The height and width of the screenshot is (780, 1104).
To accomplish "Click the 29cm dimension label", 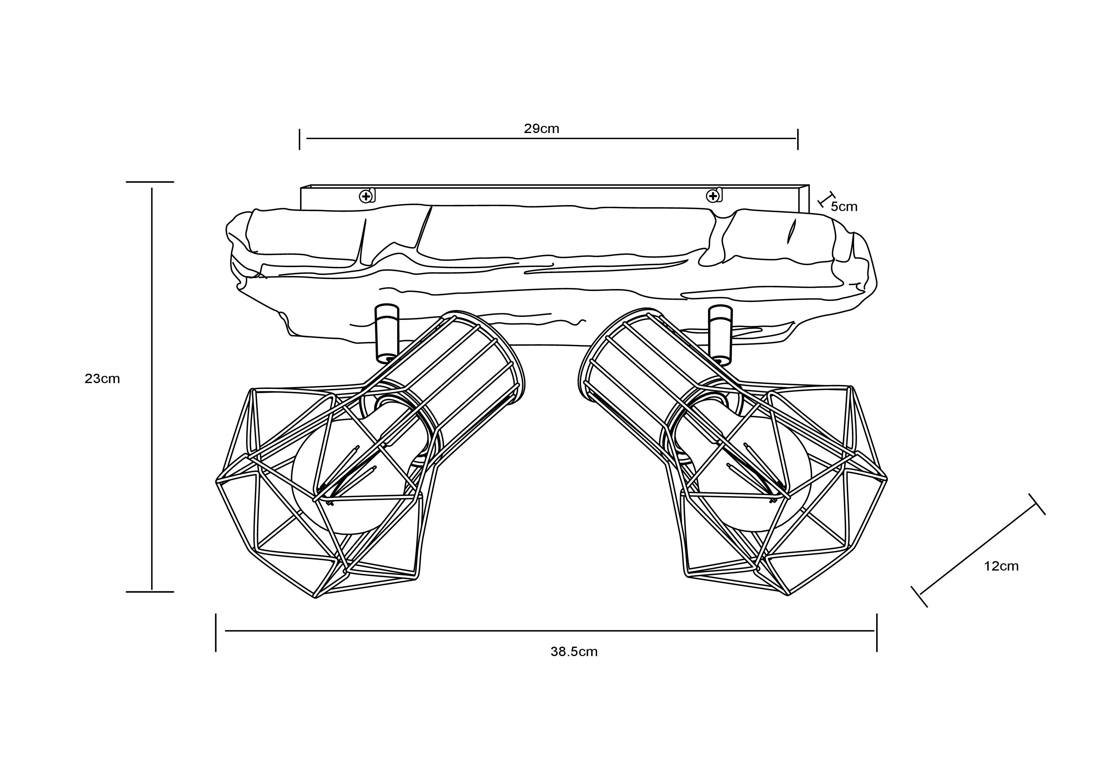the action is pyautogui.click(x=541, y=129).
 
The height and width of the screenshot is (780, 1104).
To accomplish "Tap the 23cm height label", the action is pyautogui.click(x=102, y=379).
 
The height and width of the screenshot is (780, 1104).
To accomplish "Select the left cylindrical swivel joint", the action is pyautogui.click(x=387, y=333).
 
